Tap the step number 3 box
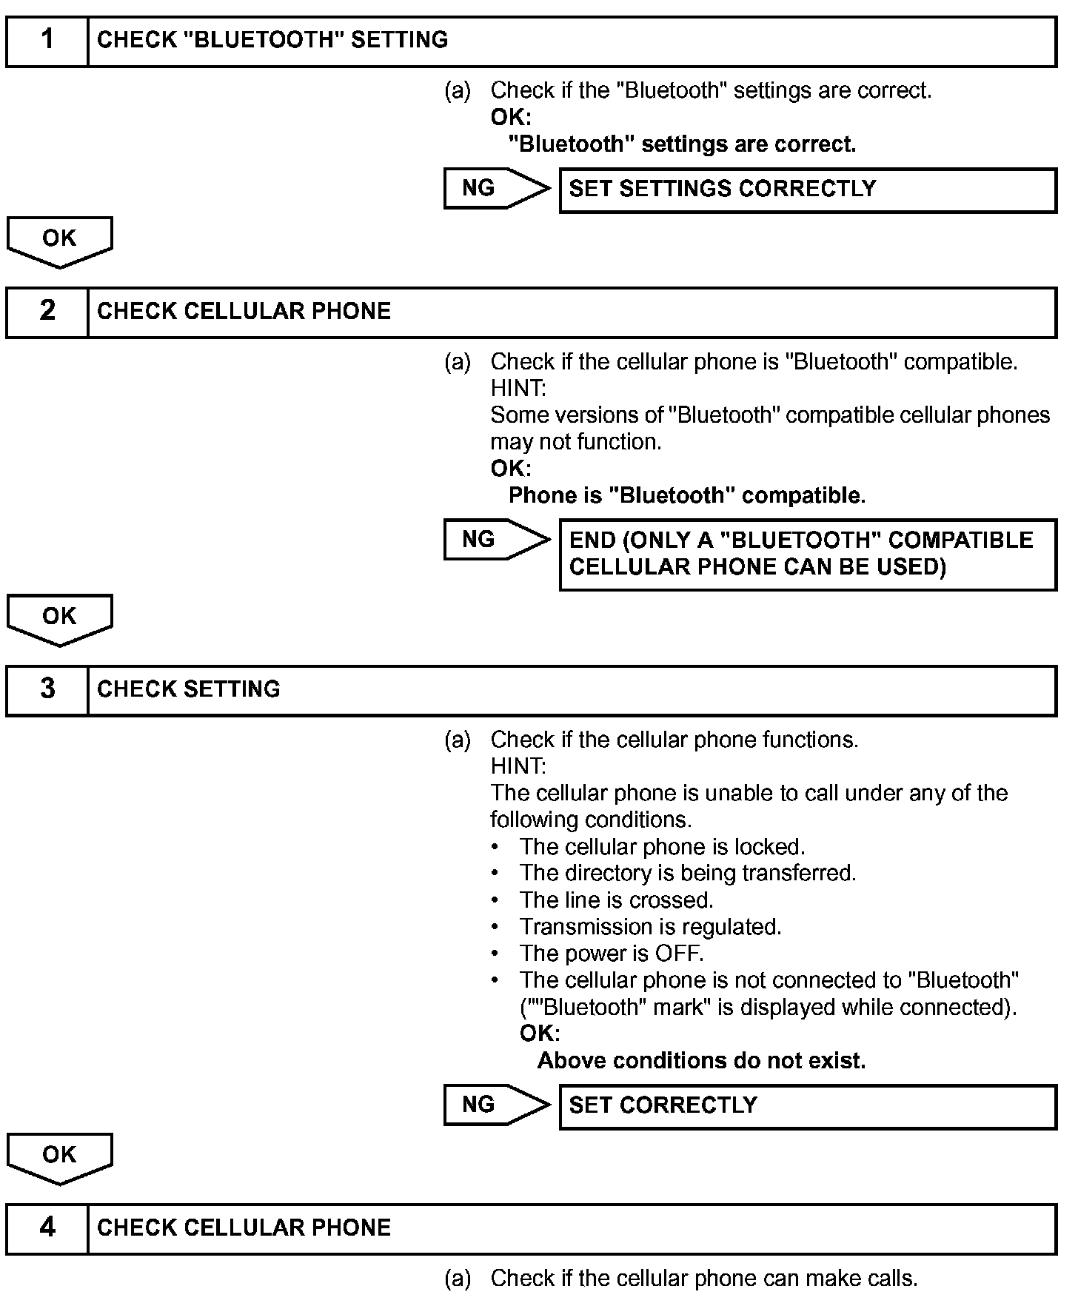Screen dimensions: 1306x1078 click(x=47, y=690)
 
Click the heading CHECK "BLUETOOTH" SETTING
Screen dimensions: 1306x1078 click(x=272, y=41)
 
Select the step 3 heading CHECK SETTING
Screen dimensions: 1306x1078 click(x=189, y=690)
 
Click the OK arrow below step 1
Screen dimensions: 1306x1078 click(x=59, y=241)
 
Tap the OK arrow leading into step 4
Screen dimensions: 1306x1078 click(x=59, y=1156)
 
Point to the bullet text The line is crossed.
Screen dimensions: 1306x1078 click(x=616, y=901)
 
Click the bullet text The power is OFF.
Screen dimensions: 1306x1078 click(x=611, y=954)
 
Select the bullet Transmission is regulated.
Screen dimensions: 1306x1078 click(x=650, y=928)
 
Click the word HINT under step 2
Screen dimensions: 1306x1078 click(x=518, y=389)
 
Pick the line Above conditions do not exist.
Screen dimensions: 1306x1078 click(x=701, y=1062)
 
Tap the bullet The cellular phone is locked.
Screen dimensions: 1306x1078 click(x=662, y=848)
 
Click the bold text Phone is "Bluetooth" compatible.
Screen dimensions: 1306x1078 click(x=686, y=496)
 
